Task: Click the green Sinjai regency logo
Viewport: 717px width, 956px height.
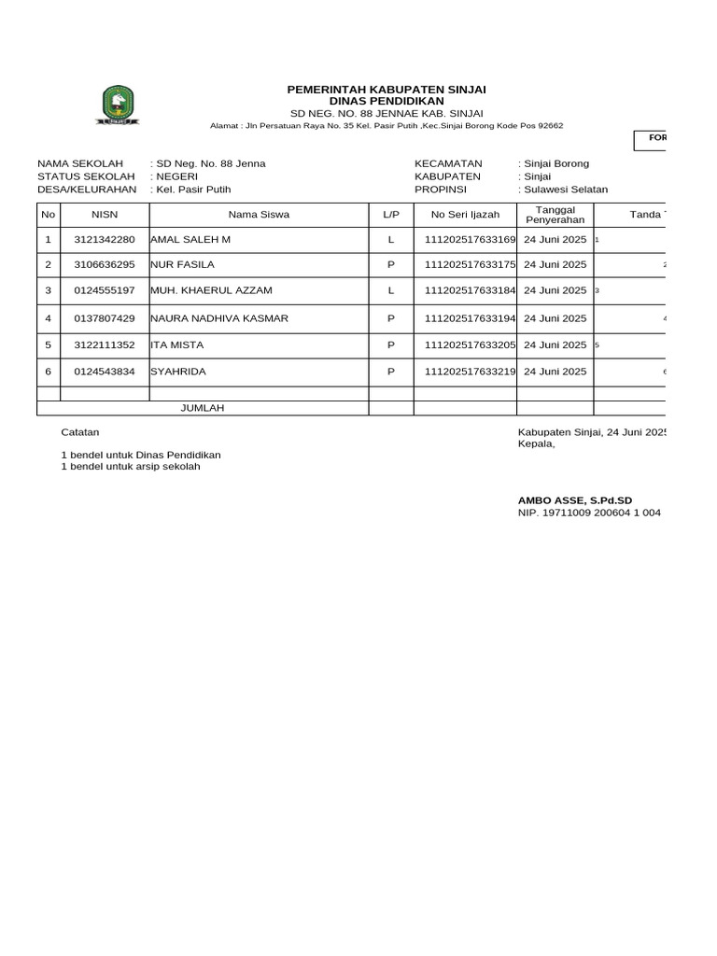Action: pyautogui.click(x=119, y=104)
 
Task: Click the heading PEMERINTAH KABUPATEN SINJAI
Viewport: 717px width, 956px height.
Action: pyautogui.click(x=387, y=90)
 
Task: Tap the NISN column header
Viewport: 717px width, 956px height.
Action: pyautogui.click(x=105, y=215)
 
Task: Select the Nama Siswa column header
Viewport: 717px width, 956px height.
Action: pyautogui.click(x=259, y=215)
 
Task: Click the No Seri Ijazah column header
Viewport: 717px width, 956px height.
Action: pyautogui.click(x=465, y=215)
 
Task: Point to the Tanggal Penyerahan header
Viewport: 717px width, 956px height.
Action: pyautogui.click(x=555, y=215)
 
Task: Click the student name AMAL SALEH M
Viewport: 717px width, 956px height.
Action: pyautogui.click(x=190, y=240)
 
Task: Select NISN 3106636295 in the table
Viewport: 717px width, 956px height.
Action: pyautogui.click(x=105, y=265)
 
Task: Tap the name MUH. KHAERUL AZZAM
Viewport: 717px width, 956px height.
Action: pyautogui.click(x=211, y=291)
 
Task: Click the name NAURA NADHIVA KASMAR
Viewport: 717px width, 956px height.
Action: pyautogui.click(x=219, y=318)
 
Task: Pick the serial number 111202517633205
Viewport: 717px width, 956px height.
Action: pyautogui.click(x=470, y=345)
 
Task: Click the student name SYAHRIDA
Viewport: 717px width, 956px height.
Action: pyautogui.click(x=178, y=372)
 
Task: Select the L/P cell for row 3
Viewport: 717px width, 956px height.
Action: pyautogui.click(x=391, y=291)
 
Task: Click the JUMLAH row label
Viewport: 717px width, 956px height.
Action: pyautogui.click(x=203, y=408)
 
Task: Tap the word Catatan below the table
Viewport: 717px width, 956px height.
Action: pyautogui.click(x=80, y=432)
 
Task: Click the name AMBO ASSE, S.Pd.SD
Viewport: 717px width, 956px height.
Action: pyautogui.click(x=575, y=501)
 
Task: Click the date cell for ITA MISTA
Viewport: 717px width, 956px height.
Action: pyautogui.click(x=555, y=345)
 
